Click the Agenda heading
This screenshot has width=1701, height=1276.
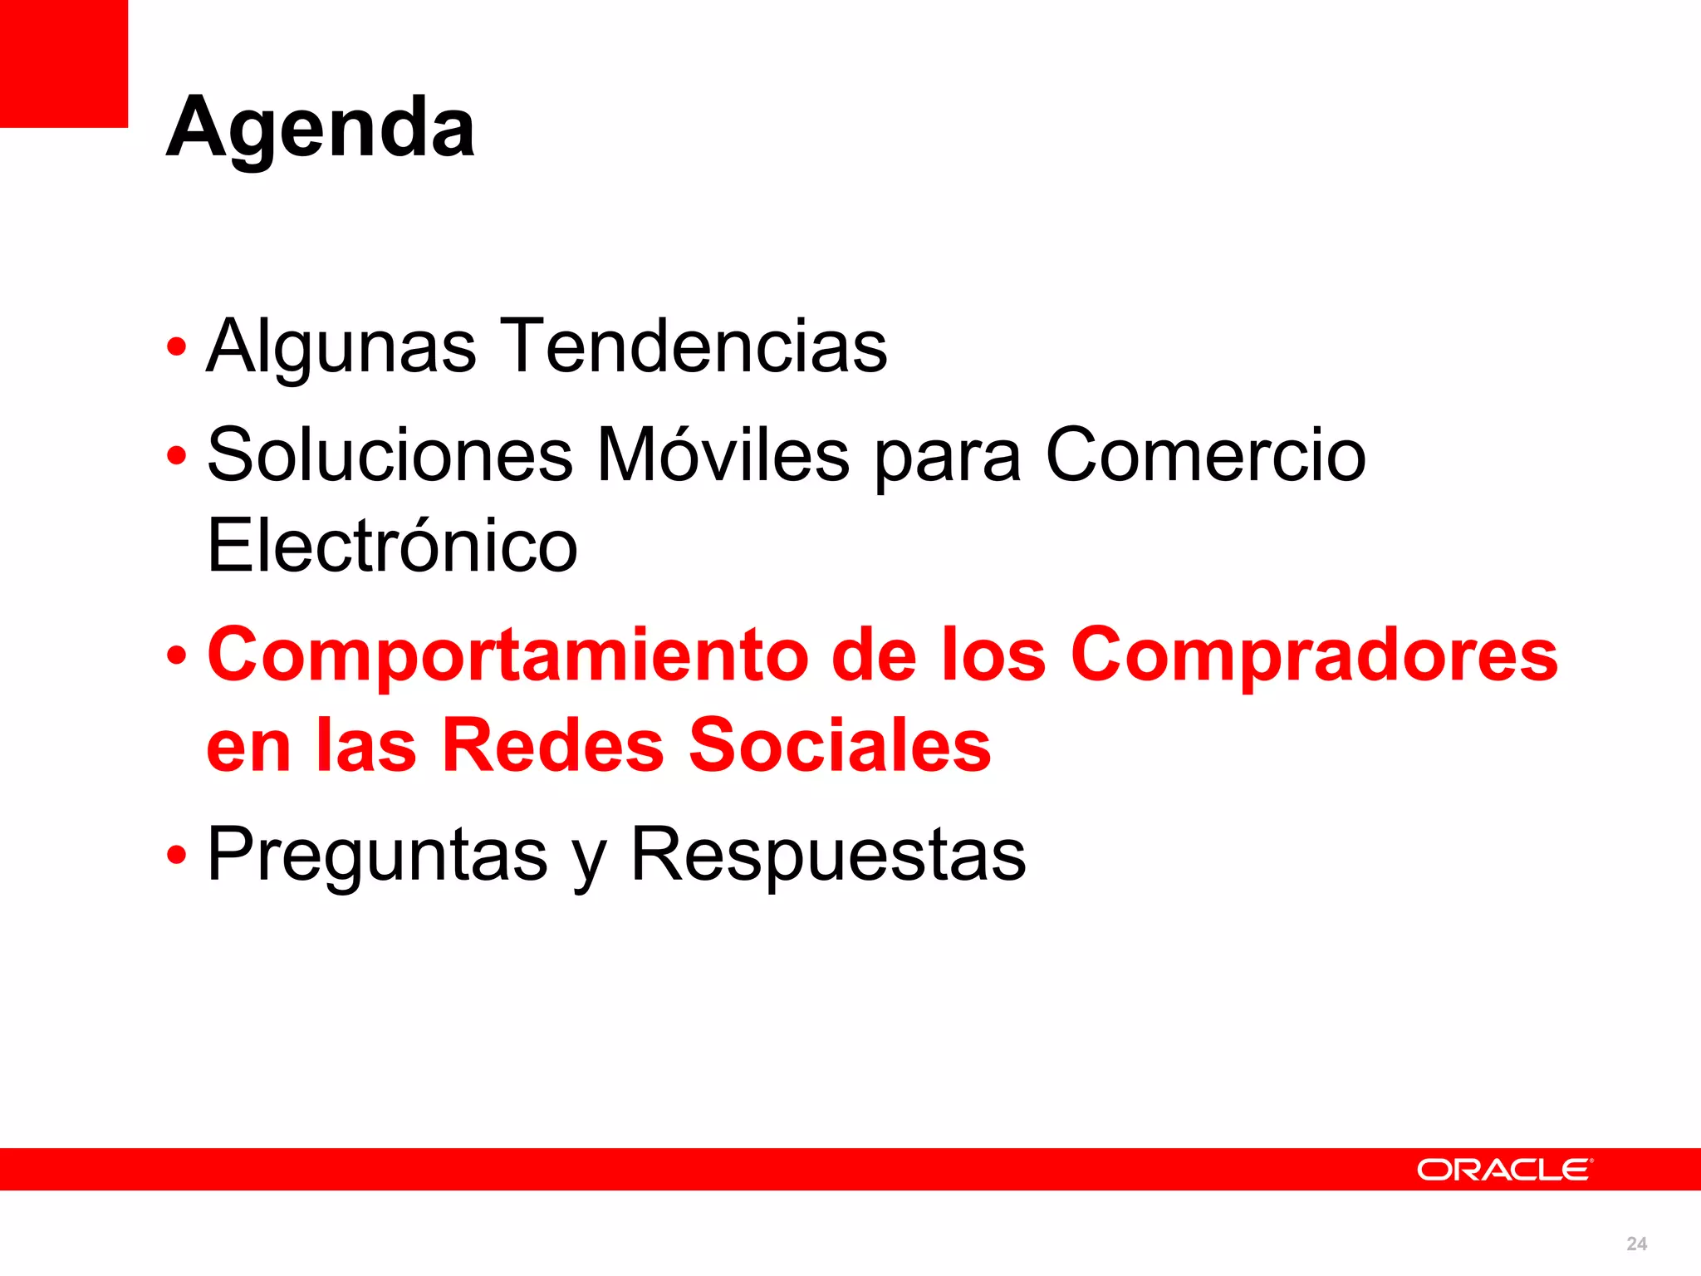[x=321, y=129]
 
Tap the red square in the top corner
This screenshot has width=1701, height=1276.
[x=63, y=63]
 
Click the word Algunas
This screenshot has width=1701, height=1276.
[x=341, y=346]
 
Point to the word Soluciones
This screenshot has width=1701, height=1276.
[x=390, y=454]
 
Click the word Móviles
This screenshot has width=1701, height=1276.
[x=723, y=454]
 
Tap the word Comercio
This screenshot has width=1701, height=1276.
[x=1205, y=454]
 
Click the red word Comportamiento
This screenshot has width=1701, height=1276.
[x=507, y=655]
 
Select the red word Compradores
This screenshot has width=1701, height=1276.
[x=1314, y=655]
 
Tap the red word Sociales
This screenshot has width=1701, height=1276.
[x=840, y=745]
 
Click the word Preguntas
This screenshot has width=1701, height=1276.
[x=377, y=855]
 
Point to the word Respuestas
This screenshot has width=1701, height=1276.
[x=828, y=855]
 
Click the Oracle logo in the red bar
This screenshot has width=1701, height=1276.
[x=1504, y=1170]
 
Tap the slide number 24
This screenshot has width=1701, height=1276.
[x=1636, y=1244]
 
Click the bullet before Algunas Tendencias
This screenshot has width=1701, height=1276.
[x=176, y=347]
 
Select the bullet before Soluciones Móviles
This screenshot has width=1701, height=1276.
[x=176, y=456]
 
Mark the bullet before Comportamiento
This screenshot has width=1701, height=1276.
[x=176, y=656]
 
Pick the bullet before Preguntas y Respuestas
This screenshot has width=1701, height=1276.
[x=176, y=856]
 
